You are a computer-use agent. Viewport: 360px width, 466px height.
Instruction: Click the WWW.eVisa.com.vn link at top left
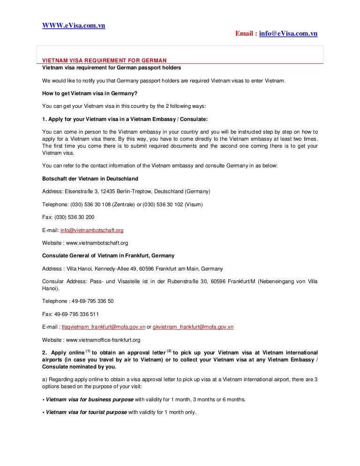pos(74,25)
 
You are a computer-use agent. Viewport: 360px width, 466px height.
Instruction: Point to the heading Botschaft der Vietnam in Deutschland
pos(90,179)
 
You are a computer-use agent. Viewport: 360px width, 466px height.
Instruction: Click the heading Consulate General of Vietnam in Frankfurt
pos(108,256)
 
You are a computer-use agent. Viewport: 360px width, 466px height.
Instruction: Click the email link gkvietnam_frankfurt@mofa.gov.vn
pos(193,327)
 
